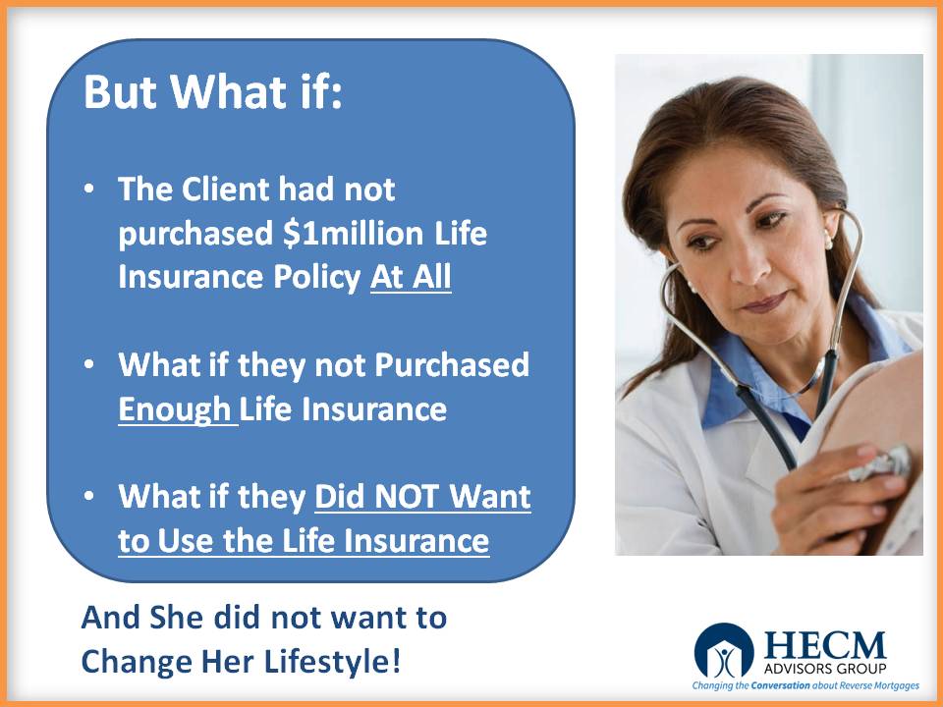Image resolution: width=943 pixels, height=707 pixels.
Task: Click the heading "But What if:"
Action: tap(213, 92)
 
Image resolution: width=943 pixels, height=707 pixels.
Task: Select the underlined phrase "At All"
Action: tap(411, 277)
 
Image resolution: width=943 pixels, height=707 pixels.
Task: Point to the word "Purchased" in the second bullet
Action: tap(452, 365)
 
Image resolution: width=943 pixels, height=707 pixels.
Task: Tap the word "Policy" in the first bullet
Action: tap(317, 278)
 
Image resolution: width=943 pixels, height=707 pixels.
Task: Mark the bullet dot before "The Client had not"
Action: tap(89, 190)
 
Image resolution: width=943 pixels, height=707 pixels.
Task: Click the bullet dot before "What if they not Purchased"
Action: tap(89, 365)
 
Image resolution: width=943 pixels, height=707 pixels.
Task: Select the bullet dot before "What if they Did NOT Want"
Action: tap(89, 497)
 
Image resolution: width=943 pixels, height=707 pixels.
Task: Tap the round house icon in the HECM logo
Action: tap(724, 652)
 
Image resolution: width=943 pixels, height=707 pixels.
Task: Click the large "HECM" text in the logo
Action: tap(825, 645)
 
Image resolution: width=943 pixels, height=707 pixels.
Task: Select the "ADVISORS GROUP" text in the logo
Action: tap(825, 669)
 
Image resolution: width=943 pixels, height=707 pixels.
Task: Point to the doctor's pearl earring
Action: tap(829, 243)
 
